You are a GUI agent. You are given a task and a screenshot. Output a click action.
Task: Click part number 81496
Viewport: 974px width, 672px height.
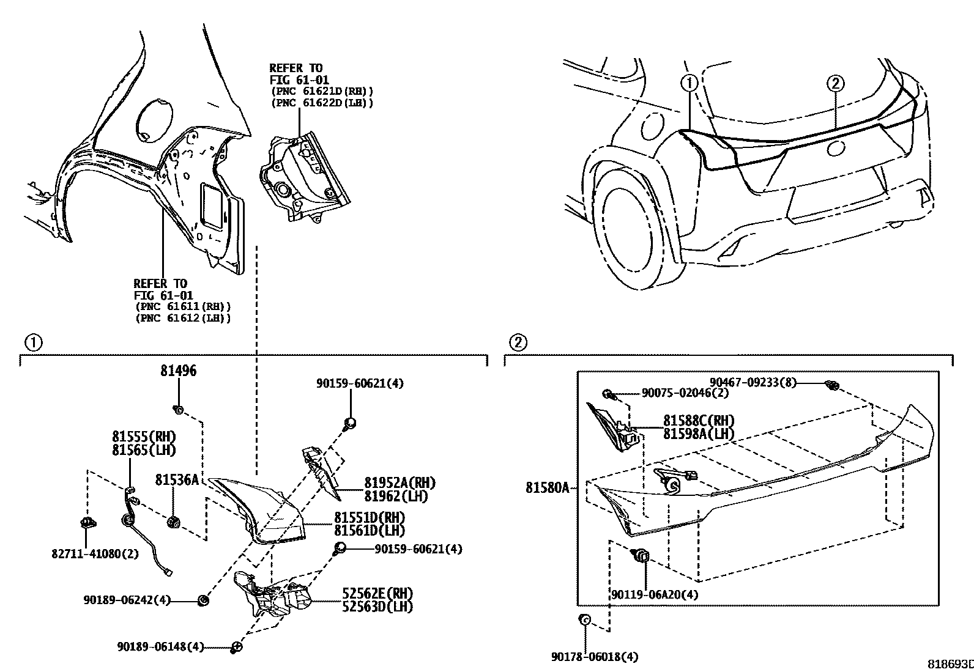[x=179, y=371]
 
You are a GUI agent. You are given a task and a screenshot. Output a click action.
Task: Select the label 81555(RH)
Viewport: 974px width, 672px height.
[x=144, y=437]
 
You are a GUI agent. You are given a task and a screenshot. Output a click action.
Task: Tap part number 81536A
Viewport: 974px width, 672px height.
[x=177, y=481]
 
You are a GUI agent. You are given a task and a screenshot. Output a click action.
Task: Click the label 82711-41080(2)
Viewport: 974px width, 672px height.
[x=95, y=554]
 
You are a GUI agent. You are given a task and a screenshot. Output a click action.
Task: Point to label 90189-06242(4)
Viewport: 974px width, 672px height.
[x=127, y=600]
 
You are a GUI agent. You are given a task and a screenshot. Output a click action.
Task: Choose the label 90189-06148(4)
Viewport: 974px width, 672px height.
[x=160, y=646]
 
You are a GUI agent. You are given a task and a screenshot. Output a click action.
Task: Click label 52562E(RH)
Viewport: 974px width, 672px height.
[x=373, y=593]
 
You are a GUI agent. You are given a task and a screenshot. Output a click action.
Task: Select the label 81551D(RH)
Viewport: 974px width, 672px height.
[x=370, y=517]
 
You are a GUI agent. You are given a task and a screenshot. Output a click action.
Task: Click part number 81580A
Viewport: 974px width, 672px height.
[x=547, y=487]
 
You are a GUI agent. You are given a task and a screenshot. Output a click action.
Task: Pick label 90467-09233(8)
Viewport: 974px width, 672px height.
[x=753, y=383]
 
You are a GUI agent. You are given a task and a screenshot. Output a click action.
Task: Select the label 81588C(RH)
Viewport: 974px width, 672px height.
[x=699, y=421]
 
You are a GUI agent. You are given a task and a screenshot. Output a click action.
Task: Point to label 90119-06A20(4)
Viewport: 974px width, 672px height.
[x=655, y=594]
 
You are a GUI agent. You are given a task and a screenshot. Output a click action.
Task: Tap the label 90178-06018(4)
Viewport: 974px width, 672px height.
[x=594, y=657]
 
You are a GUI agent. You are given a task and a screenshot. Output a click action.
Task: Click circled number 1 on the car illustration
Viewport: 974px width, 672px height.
[x=689, y=83]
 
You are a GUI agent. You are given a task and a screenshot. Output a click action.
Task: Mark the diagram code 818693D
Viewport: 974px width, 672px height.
[x=950, y=664]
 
